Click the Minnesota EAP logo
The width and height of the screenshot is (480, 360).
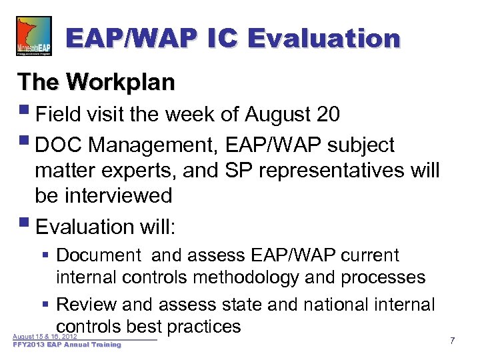click(33, 37)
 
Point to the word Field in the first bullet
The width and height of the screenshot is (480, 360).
click(58, 115)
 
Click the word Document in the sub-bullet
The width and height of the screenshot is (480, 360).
click(99, 255)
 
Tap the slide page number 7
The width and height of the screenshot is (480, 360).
click(452, 341)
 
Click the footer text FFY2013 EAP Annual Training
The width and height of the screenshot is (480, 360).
click(67, 345)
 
